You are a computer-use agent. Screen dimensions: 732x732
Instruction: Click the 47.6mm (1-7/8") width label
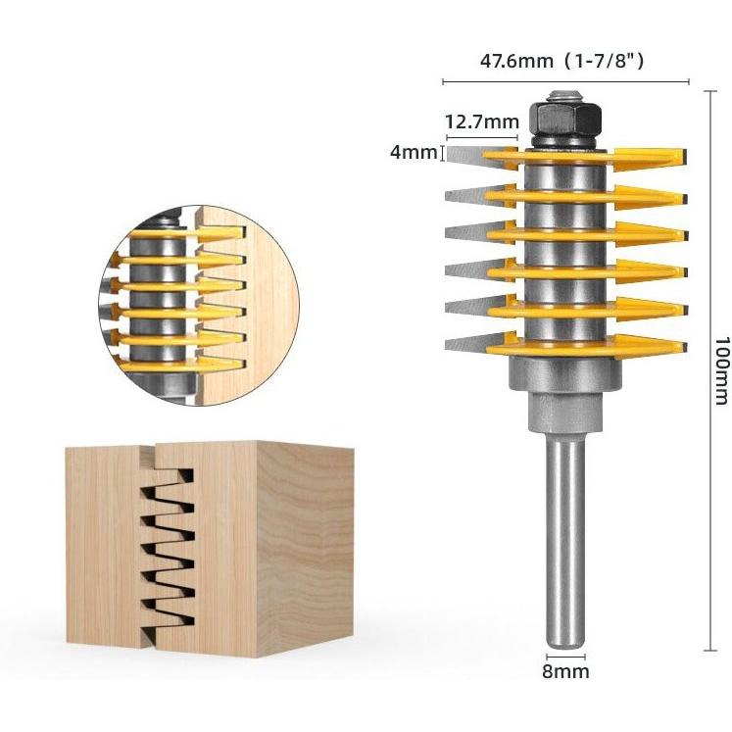point(561,61)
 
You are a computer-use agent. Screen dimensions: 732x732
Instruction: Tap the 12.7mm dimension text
point(482,122)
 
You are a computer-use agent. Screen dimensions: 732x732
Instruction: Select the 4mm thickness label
point(414,152)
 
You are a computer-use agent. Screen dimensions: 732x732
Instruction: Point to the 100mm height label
point(721,370)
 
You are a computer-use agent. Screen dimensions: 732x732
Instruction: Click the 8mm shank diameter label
point(565,672)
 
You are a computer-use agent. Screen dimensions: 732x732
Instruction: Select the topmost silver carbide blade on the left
point(482,156)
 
